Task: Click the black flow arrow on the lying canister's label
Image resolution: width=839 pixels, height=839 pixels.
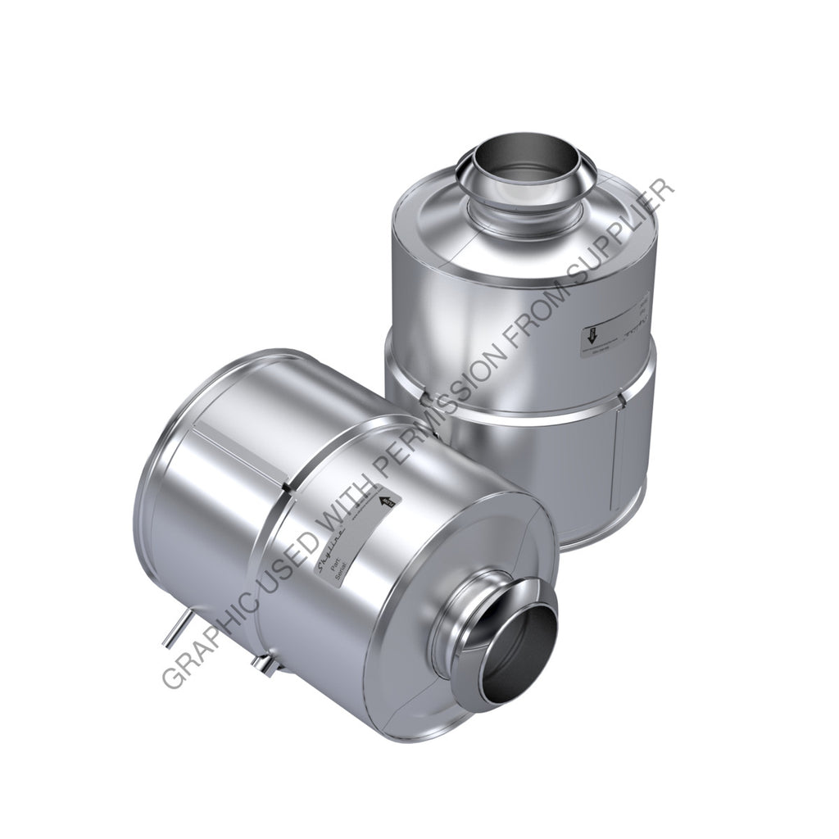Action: click(388, 501)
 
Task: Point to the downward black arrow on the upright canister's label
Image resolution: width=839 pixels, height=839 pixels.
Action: click(590, 334)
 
